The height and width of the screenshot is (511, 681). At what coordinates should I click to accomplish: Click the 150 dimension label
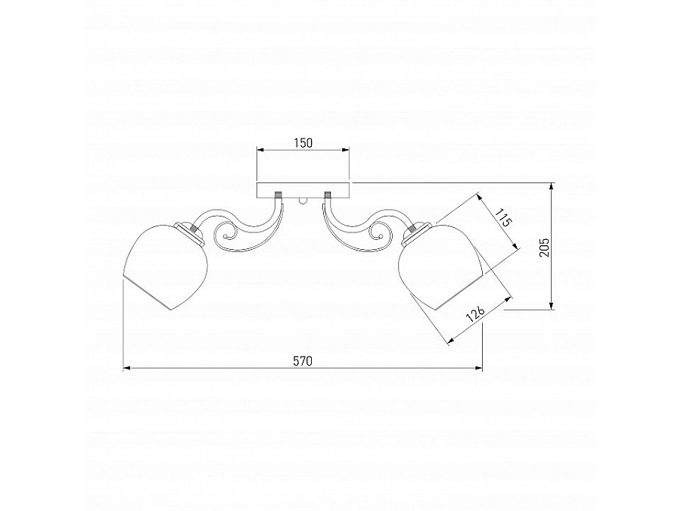(x=303, y=142)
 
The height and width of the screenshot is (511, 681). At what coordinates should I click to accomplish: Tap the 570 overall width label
(x=303, y=361)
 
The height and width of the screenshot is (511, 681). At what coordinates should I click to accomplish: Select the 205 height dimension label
(x=544, y=248)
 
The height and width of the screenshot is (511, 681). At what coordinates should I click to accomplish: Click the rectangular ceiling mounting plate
(x=303, y=191)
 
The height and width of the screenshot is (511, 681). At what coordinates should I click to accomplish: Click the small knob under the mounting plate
(x=303, y=201)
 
